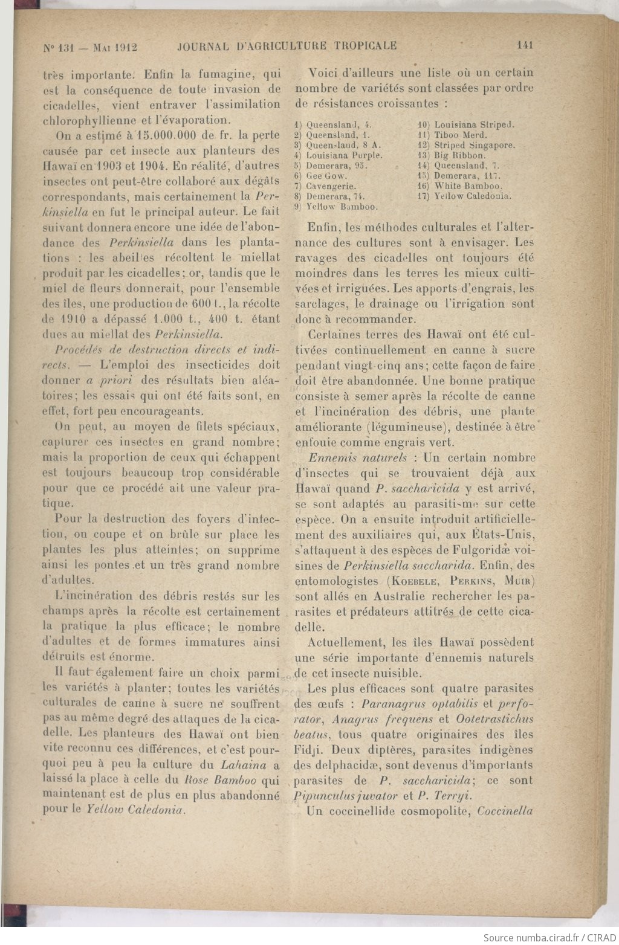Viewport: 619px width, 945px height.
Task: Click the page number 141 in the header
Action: tap(525, 45)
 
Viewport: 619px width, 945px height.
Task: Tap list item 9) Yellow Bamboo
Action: tap(336, 207)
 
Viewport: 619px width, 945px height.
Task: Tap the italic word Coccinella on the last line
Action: tap(505, 811)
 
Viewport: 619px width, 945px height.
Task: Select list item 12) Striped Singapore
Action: tap(466, 146)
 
